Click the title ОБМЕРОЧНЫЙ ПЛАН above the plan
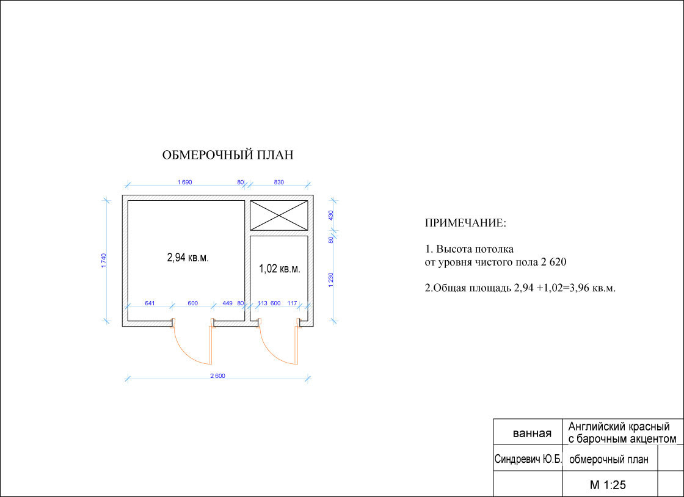coord(228,155)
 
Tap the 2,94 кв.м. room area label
coord(188,258)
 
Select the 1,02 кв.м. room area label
coord(280,269)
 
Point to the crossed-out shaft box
coord(278,216)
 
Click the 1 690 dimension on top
coord(184,182)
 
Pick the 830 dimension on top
coord(278,182)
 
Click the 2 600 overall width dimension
coord(217,375)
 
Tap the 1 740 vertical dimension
coord(104,260)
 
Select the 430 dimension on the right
coord(330,216)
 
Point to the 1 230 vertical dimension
coord(330,279)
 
